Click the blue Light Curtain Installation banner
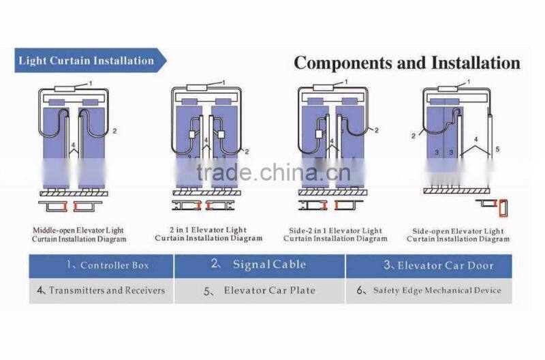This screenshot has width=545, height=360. coord(91,61)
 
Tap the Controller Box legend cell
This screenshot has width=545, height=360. coord(101,266)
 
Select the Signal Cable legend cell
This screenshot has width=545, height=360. coord(260,266)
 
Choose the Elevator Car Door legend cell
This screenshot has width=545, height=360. coord(429,266)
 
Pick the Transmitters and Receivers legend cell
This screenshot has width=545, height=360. coord(101,290)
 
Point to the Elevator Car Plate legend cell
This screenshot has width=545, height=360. coord(260,290)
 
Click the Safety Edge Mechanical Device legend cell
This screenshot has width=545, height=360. coord(429,290)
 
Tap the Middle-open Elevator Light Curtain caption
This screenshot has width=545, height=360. coord(79,235)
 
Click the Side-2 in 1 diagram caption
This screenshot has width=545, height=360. coord(335,235)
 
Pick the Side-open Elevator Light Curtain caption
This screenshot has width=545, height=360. coord(458,235)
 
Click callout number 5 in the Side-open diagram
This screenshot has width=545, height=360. coord(497,149)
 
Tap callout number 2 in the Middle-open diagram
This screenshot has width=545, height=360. coord(114,131)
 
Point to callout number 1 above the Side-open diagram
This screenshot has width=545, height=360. coord(469,82)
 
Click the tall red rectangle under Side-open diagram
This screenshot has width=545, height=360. coord(503,209)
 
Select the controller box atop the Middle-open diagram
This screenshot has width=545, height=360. coord(65,89)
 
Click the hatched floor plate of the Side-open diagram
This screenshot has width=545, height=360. coord(456,191)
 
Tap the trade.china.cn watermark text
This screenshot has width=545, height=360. coord(274,172)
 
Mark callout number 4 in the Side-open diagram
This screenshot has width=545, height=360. coord(476,140)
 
